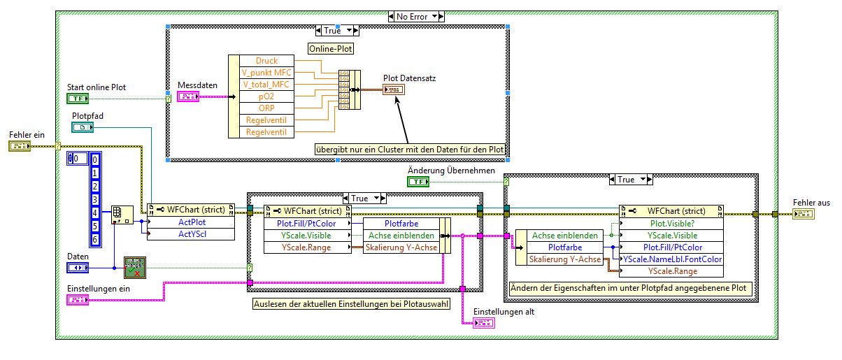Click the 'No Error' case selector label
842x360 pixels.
(415, 16)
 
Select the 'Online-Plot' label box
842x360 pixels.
(331, 49)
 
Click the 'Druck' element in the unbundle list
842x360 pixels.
(266, 61)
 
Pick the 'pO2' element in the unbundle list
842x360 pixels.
(266, 96)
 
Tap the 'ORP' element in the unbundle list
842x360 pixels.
(266, 108)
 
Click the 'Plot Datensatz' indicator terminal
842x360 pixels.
(393, 89)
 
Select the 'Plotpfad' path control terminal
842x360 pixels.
(82, 127)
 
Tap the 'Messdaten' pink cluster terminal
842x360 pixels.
(189, 96)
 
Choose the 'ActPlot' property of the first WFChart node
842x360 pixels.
(190, 222)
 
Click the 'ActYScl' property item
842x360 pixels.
(190, 234)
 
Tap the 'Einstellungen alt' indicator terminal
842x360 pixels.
(483, 322)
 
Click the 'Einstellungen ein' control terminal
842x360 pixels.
(77, 300)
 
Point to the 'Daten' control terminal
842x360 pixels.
(77, 268)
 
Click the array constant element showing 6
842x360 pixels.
(96, 240)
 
